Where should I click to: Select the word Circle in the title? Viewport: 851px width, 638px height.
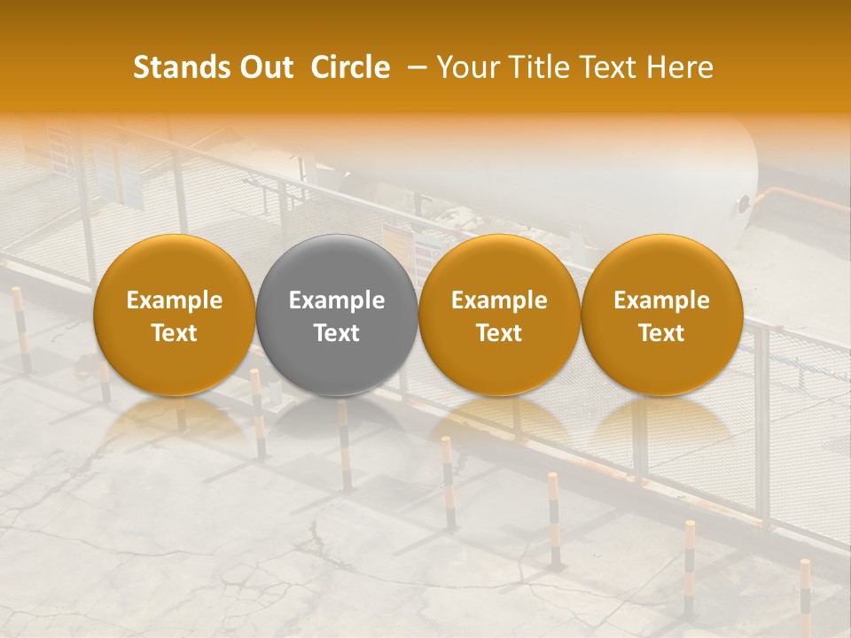(350, 67)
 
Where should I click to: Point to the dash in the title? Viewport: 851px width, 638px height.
(413, 67)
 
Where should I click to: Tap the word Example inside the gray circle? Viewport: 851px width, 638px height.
(337, 300)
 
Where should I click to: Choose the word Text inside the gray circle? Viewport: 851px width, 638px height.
(337, 333)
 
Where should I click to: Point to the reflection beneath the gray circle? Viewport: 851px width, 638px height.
(337, 421)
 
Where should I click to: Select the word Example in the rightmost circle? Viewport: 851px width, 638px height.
(661, 300)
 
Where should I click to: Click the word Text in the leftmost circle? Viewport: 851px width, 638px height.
(174, 333)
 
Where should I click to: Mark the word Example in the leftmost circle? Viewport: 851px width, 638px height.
(174, 300)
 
